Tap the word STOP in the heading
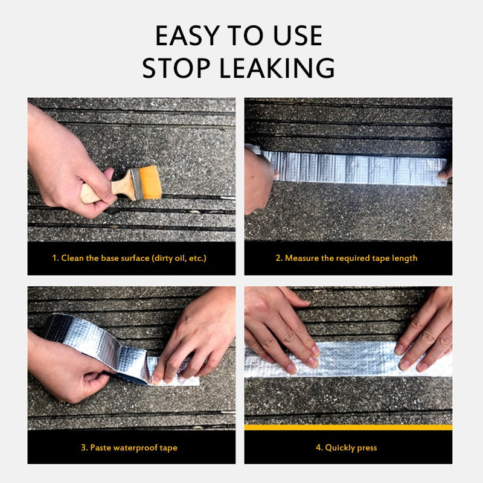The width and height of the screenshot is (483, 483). tap(177, 68)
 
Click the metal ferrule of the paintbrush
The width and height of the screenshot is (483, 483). tap(134, 183)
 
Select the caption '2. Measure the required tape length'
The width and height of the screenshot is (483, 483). tap(348, 258)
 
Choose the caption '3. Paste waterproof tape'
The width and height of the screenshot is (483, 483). tap(129, 447)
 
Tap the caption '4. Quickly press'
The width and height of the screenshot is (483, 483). tap(348, 447)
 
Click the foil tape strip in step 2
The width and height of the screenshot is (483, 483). tap(356, 167)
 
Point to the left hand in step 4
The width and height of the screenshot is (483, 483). tap(284, 329)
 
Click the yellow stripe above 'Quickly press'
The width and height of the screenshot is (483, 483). tap(348, 427)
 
